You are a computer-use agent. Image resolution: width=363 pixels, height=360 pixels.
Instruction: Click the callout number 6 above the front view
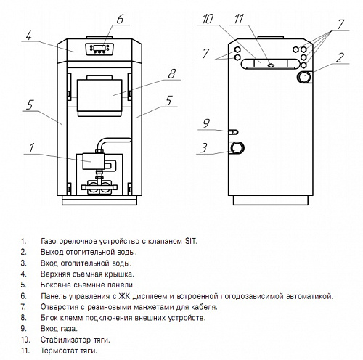(x=120, y=19)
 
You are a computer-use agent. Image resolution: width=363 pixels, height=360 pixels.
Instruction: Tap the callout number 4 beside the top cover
(x=29, y=36)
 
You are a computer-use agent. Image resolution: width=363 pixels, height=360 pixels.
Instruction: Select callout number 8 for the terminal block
(x=171, y=74)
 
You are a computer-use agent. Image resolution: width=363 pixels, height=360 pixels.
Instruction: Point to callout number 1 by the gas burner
(x=31, y=148)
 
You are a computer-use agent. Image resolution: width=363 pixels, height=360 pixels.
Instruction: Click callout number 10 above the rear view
(x=208, y=19)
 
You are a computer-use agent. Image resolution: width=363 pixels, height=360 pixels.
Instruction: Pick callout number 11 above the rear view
(x=239, y=19)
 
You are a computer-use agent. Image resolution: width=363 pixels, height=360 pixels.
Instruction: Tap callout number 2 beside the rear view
(x=340, y=58)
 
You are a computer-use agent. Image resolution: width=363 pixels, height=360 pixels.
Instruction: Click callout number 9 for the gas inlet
(x=206, y=123)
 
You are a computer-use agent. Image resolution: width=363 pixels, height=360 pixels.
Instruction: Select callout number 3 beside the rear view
(x=204, y=148)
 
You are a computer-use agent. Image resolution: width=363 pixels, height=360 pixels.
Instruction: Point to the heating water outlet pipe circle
(x=304, y=77)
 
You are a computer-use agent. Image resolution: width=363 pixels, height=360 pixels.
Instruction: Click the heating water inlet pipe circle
(x=237, y=148)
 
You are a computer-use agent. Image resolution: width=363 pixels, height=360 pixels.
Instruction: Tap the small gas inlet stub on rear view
(x=234, y=132)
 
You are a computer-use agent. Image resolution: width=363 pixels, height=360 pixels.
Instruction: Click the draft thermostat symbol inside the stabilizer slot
(x=271, y=65)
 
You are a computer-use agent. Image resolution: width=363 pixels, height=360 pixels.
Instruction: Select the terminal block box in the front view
(x=99, y=95)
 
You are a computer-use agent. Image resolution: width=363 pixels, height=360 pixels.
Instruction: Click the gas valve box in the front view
(x=94, y=161)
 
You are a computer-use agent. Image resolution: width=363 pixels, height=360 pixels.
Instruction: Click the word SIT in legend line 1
(x=191, y=241)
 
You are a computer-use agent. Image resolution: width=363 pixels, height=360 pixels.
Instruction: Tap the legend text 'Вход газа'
(x=59, y=329)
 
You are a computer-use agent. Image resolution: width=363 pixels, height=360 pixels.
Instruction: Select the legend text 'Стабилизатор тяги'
(x=76, y=340)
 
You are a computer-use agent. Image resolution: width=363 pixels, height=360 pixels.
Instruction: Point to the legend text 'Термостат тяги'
(x=69, y=351)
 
